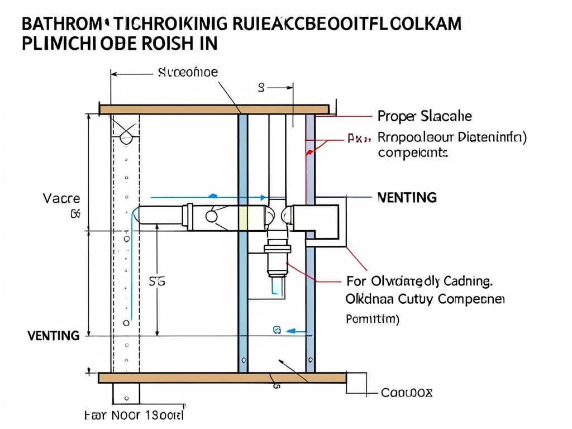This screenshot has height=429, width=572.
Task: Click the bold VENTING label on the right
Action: (407, 198)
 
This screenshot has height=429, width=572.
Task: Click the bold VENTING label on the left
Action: (53, 336)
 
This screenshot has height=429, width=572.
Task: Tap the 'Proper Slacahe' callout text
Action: (425, 117)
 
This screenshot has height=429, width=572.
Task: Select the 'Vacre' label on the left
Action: (61, 198)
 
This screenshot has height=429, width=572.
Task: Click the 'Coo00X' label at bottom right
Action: (406, 393)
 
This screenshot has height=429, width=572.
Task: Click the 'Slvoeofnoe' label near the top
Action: (188, 72)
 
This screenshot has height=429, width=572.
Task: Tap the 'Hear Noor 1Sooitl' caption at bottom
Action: (134, 416)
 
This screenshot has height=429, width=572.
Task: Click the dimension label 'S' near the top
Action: (260, 87)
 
